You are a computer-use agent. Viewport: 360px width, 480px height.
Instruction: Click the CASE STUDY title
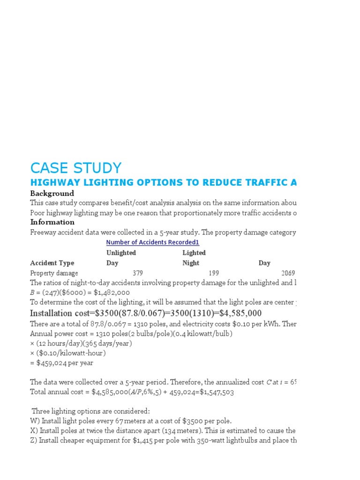point(75,168)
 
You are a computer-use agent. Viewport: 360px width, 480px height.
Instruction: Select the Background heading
point(52,194)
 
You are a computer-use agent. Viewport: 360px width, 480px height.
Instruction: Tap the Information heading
point(52,222)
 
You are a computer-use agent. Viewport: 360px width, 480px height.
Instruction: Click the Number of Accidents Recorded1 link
point(152,242)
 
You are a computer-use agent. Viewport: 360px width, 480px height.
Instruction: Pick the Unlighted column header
point(121,253)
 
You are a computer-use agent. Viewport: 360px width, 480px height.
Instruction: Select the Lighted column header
point(194,253)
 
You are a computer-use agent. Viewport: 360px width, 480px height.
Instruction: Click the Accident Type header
point(52,263)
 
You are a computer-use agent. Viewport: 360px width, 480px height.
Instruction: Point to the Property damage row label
point(54,273)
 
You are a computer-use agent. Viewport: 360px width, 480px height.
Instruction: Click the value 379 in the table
point(137,273)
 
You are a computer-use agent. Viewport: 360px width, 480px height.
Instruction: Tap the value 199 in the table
point(213,273)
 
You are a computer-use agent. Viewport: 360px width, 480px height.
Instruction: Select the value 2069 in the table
point(288,273)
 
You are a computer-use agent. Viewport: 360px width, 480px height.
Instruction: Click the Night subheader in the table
point(191,263)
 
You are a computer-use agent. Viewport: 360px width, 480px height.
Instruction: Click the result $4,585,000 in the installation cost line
point(236,313)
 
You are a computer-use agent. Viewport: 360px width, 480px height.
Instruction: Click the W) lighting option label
point(35,421)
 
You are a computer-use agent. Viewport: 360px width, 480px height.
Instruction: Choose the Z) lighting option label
point(34,440)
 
